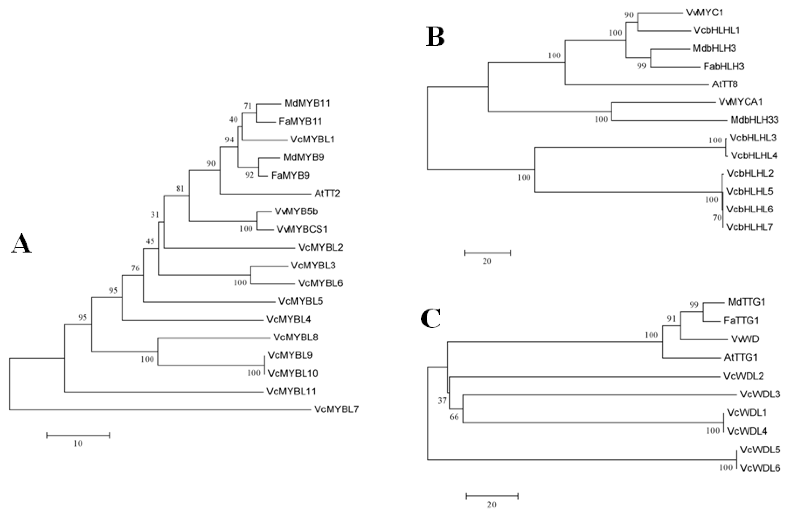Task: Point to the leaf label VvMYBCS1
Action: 302,229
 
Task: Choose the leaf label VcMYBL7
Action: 336,409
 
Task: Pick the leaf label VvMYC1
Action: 705,12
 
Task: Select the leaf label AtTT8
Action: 725,84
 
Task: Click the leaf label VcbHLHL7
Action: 749,227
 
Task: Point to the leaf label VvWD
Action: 745,339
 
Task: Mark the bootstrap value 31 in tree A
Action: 155,215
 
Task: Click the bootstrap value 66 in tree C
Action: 454,417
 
